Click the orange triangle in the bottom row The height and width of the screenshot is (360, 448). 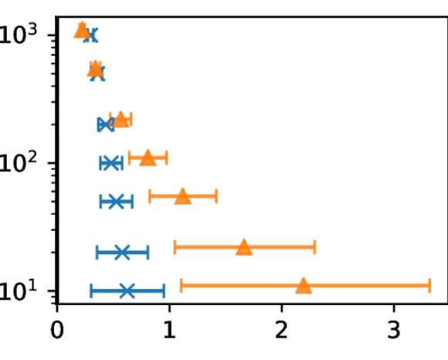click(304, 286)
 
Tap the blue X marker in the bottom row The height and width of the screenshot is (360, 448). click(127, 290)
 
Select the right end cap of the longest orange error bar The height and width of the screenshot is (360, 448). click(429, 286)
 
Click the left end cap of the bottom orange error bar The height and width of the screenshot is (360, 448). click(182, 286)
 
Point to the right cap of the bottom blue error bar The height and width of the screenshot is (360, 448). click(164, 290)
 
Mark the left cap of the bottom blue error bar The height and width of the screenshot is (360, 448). click(91, 290)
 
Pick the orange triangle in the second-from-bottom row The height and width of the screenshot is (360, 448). click(244, 247)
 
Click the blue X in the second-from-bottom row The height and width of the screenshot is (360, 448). click(122, 252)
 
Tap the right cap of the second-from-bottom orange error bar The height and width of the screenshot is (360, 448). click(314, 247)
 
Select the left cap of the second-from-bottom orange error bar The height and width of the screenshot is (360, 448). click(175, 247)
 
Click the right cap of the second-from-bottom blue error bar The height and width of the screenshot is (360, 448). click(148, 252)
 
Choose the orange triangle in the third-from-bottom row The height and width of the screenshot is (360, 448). click(182, 196)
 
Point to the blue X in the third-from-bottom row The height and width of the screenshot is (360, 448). click(116, 201)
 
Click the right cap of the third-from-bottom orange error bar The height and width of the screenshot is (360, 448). click(216, 196)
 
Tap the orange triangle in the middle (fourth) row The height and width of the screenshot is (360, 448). click(148, 158)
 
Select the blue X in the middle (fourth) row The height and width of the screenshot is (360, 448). click(111, 163)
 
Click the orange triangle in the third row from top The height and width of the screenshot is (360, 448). click(120, 119)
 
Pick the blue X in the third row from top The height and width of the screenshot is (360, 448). click(106, 124)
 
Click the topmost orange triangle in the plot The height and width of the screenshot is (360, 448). click(82, 31)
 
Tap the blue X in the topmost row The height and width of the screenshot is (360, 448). click(91, 36)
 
